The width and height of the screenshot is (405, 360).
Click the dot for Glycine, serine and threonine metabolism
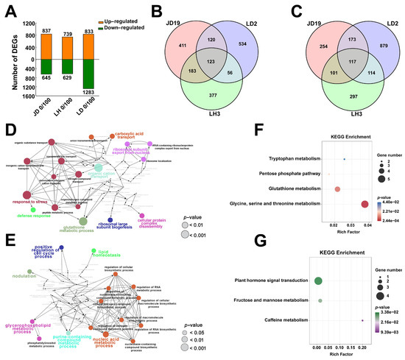point(363,204)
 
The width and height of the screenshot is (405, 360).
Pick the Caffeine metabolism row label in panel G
point(289,321)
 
